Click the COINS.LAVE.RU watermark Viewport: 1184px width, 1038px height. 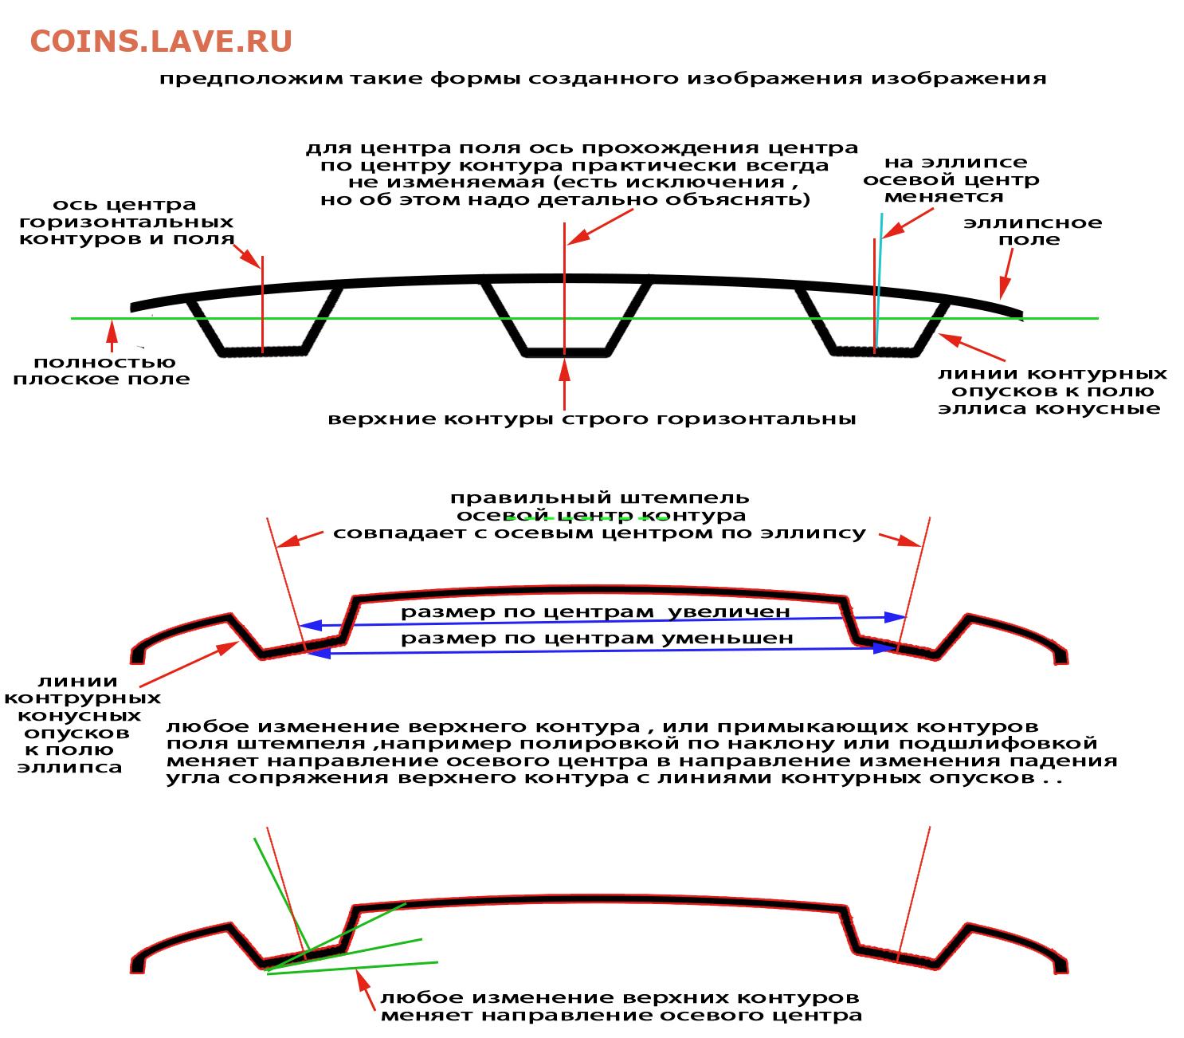point(161,41)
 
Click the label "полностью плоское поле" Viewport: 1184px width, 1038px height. point(102,370)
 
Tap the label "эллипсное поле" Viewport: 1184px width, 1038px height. point(1032,230)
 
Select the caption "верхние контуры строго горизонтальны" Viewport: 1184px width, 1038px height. point(591,419)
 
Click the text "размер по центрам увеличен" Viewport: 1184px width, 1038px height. point(595,611)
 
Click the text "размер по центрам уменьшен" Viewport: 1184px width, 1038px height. point(597,638)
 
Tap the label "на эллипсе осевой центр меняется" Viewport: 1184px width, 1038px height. point(951,179)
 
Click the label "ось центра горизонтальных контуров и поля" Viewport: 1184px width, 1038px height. point(126,222)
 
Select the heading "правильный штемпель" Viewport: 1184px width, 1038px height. point(600,497)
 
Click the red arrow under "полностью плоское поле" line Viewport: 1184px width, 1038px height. point(111,336)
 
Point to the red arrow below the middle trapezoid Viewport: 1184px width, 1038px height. point(564,383)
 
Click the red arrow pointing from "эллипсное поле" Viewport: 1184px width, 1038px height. point(1006,273)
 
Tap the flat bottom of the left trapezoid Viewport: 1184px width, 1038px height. point(262,352)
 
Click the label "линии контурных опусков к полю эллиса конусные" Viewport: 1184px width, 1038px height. point(1052,391)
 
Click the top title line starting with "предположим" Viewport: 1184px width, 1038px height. point(602,78)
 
